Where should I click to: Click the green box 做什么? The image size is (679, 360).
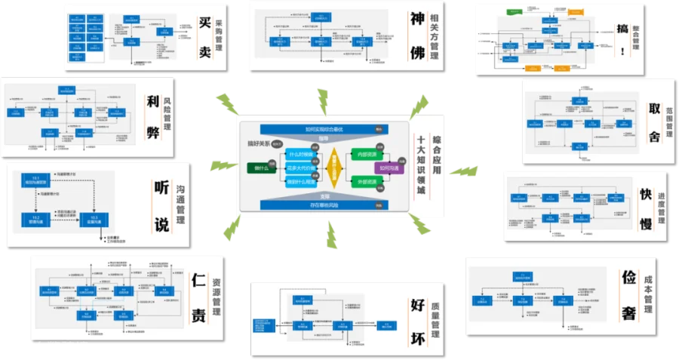pyautogui.click(x=260, y=168)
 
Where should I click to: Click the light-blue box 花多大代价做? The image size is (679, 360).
pyautogui.click(x=300, y=168)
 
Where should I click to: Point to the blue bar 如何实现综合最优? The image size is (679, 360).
pyautogui.click(x=323, y=129)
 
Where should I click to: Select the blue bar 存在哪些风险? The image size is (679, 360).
pyautogui.click(x=323, y=205)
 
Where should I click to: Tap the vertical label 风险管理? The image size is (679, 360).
pyautogui.click(x=167, y=112)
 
